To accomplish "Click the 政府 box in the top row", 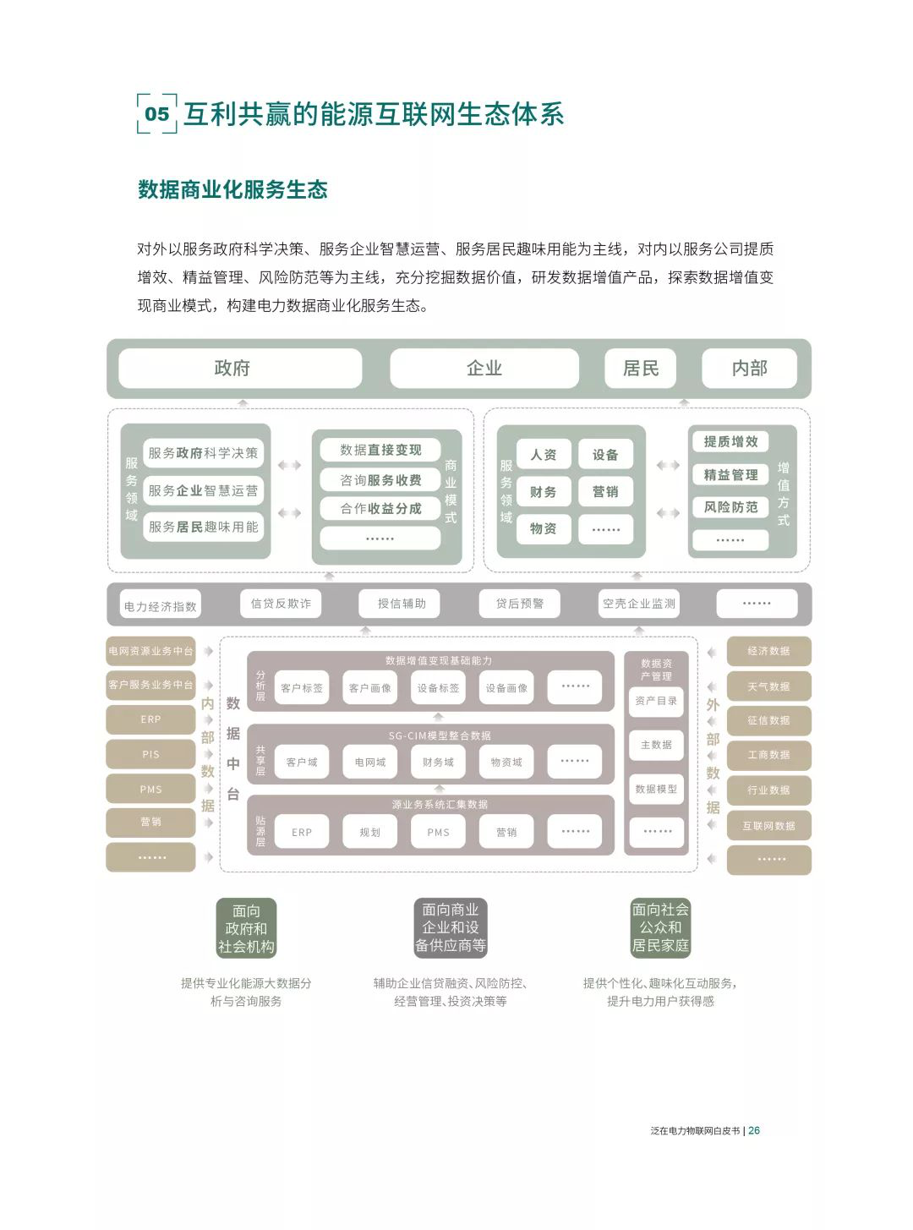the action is pos(239,368).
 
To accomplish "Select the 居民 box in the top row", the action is pos(640,368).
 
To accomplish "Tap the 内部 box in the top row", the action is pos(749,368).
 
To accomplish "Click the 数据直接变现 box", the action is pos(380,450).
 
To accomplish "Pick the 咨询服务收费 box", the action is pos(380,479).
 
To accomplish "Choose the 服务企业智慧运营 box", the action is pos(203,490).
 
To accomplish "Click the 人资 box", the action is pos(544,455).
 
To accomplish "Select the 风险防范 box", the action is pos(730,507).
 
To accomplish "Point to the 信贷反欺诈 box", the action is pos(281,604).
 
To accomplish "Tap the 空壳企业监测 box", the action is pos(639,604).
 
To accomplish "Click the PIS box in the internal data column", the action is pos(150,754).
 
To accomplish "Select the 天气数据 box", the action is pos(768,686).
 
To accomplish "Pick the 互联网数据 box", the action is pos(768,826).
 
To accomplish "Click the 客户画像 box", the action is pos(370,687).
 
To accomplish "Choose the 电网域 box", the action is pos(370,762).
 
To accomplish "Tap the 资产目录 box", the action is pos(656,701).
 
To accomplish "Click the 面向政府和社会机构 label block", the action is pos(246,928).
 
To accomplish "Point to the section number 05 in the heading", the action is pos(157,113).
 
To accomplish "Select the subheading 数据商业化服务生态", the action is pos(232,189).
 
